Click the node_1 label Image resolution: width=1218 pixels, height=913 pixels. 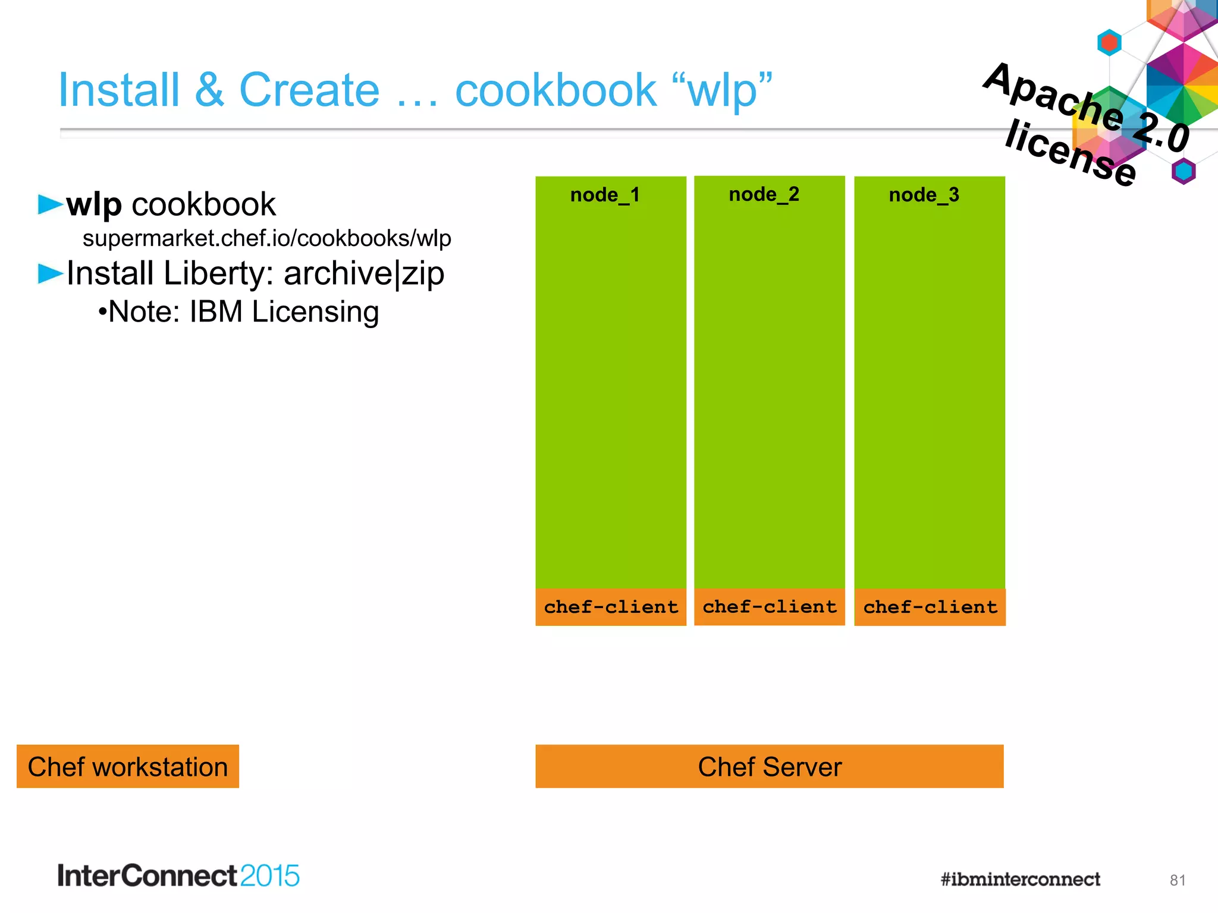(605, 195)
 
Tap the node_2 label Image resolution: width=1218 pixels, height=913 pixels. (764, 194)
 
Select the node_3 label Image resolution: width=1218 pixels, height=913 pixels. (924, 195)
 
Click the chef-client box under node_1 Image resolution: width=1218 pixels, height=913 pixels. (611, 607)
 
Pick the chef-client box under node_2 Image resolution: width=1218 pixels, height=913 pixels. (769, 607)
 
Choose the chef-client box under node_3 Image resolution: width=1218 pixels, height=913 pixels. (930, 607)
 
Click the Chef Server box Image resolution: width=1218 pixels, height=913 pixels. (769, 766)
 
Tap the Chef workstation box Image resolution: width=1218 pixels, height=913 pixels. (127, 766)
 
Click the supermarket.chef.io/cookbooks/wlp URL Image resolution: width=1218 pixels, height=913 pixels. (266, 238)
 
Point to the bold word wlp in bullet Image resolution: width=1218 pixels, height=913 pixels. (94, 204)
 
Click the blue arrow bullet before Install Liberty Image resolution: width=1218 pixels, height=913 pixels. (50, 273)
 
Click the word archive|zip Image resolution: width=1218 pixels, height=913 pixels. (363, 274)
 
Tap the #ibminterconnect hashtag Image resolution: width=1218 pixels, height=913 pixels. (1020, 879)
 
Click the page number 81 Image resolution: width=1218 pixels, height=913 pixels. (1177, 880)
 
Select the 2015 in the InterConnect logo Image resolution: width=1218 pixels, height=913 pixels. (269, 876)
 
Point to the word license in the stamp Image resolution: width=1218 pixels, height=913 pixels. (1071, 152)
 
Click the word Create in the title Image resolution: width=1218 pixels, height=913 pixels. (309, 90)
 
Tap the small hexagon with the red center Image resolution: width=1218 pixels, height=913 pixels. (1109, 43)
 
